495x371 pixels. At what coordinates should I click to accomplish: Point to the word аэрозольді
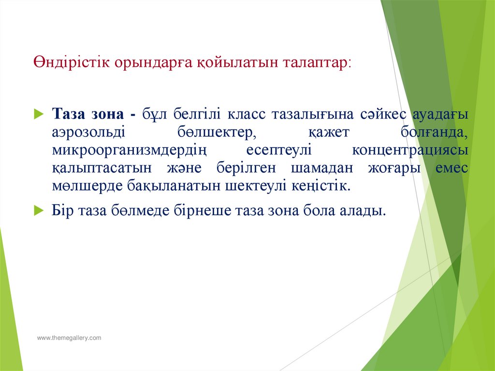(x=88, y=133)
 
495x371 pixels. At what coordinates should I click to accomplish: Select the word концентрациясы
(x=410, y=150)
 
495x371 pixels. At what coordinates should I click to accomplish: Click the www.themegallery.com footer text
(x=70, y=338)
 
